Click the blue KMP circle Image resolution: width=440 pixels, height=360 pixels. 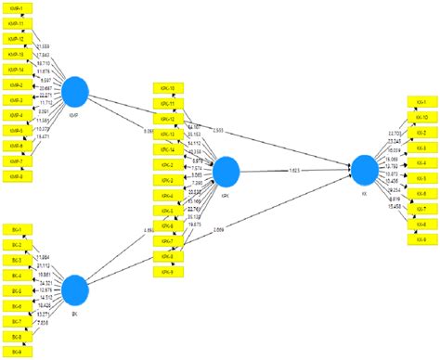[x=74, y=92]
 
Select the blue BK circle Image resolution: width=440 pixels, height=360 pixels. [x=74, y=291]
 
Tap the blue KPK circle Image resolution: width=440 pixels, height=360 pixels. [x=226, y=171]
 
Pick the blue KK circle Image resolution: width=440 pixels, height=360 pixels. [x=364, y=169]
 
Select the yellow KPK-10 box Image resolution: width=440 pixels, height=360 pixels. [x=168, y=88]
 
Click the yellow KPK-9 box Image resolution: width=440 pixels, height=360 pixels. [x=168, y=271]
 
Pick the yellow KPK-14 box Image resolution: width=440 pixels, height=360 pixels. [x=168, y=149]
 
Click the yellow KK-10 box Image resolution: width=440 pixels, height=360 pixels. [x=421, y=119]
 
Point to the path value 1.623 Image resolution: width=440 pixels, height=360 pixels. [x=293, y=170]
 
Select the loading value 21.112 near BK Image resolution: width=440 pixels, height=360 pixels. [x=44, y=266]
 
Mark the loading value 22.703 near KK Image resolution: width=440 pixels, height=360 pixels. [x=393, y=134]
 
